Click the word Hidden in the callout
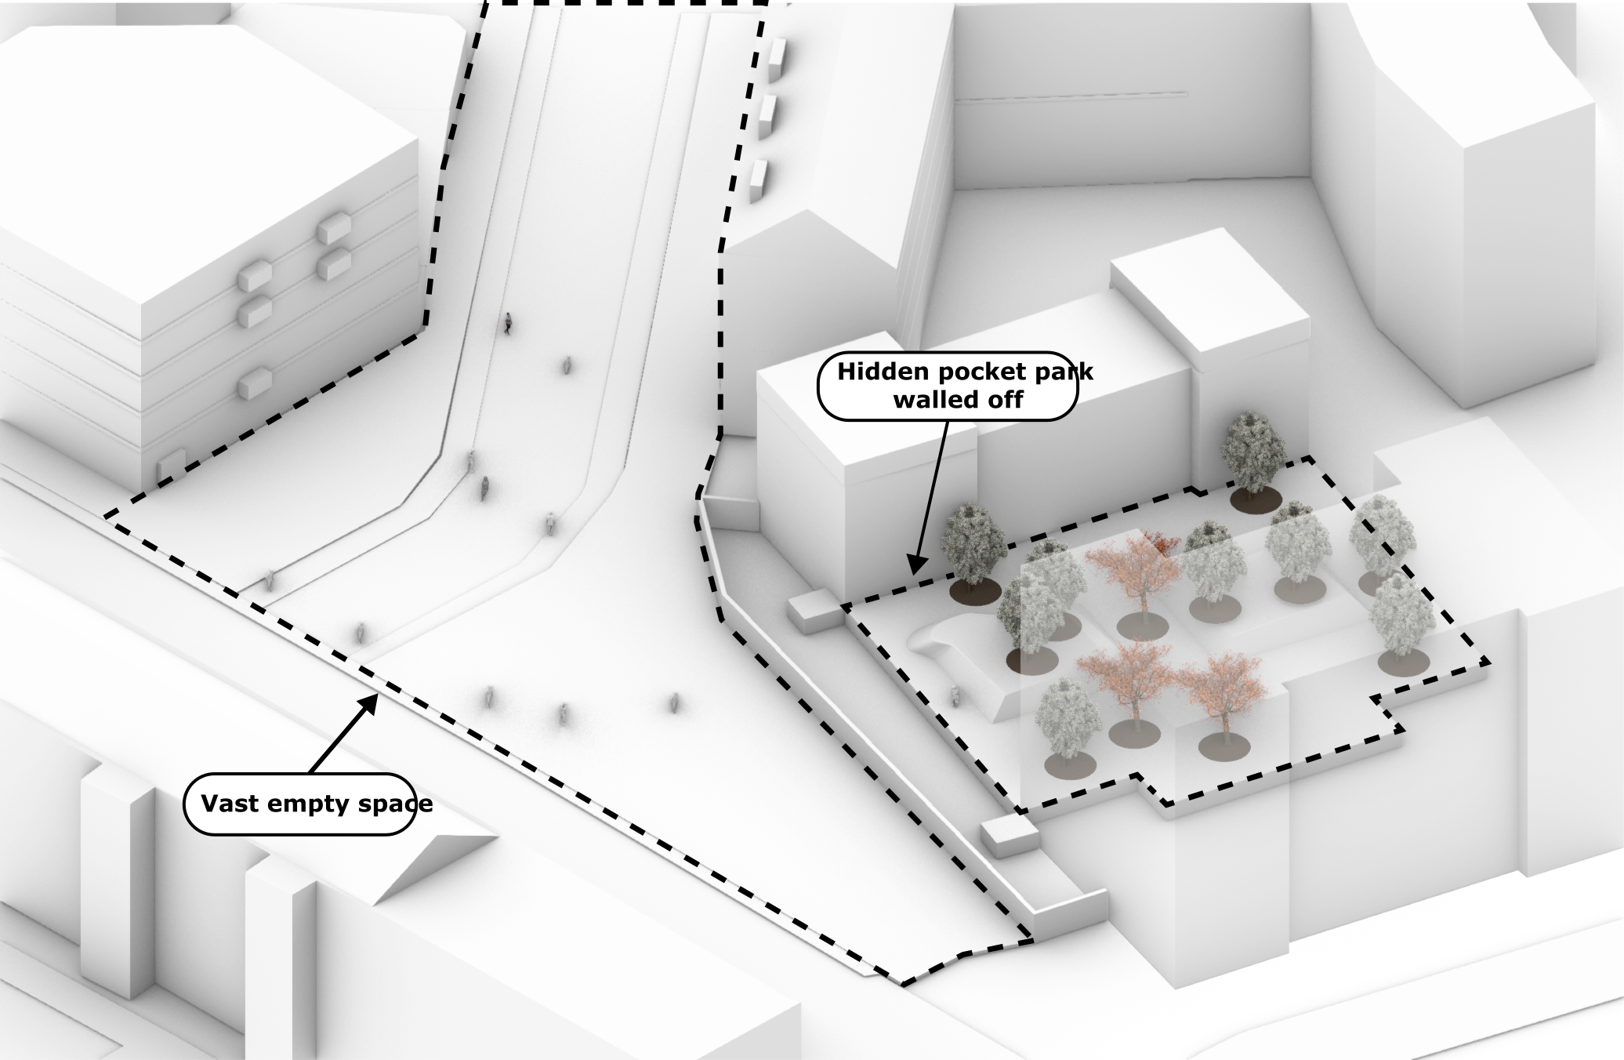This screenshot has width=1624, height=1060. (x=872, y=372)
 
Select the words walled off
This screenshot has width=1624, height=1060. (x=958, y=400)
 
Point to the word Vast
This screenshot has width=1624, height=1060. (x=229, y=804)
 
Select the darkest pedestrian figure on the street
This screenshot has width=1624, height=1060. (x=508, y=322)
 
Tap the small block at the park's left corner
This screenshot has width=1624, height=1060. (x=813, y=611)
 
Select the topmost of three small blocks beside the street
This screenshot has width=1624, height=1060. (x=777, y=60)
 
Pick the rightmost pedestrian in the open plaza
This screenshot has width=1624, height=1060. (x=674, y=703)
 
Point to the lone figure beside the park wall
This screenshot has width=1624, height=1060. (x=955, y=695)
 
